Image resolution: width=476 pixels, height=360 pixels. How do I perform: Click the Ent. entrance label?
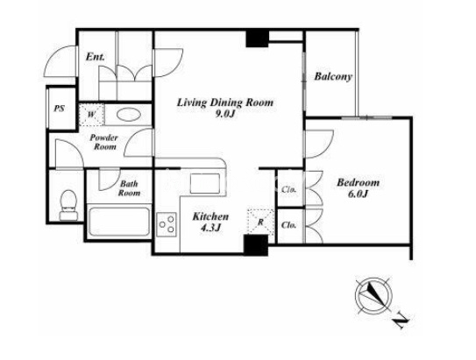click(95, 56)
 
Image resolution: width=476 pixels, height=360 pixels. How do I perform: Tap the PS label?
click(60, 109)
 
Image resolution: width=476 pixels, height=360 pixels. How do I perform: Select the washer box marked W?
click(92, 115)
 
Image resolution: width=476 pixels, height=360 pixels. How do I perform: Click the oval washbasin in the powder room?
click(129, 115)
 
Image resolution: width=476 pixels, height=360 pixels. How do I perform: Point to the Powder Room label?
click(103, 142)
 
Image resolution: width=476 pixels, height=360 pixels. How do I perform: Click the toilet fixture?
click(68, 205)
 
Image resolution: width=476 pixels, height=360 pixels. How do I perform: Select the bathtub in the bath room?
click(119, 222)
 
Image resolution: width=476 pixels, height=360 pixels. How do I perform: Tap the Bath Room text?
click(130, 188)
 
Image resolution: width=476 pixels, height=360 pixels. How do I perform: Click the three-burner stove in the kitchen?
click(167, 224)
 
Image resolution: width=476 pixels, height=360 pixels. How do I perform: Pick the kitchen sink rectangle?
click(205, 183)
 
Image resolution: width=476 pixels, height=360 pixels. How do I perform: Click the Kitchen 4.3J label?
click(210, 222)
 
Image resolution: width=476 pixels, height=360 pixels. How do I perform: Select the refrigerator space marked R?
click(260, 222)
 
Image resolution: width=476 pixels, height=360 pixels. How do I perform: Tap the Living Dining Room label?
click(225, 102)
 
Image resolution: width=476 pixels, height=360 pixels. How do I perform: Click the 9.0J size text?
click(225, 115)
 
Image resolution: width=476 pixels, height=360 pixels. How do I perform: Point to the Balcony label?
click(333, 76)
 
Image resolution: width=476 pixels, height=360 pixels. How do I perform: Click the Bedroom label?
click(358, 182)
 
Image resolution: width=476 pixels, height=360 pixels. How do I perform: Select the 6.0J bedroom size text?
click(358, 194)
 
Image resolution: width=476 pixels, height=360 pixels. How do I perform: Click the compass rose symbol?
click(373, 295)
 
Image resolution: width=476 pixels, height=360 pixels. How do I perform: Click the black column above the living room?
click(257, 39)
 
